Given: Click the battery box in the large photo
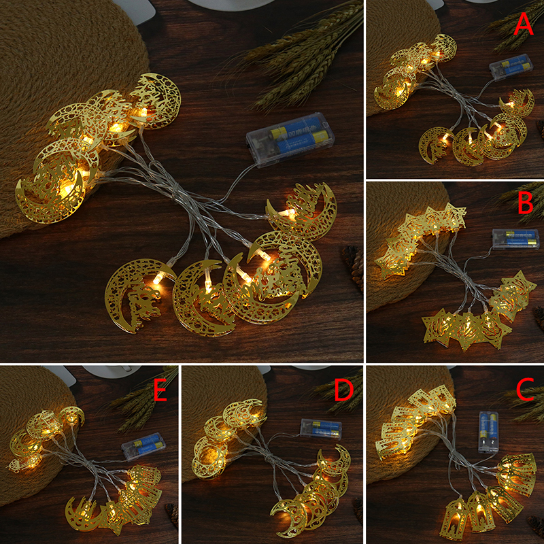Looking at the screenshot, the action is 290,139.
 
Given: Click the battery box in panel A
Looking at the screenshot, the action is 511,67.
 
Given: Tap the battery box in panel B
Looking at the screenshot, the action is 516,239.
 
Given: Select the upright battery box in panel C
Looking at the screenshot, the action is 488,432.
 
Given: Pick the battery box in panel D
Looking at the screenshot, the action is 321,429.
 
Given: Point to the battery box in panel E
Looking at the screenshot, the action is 143,447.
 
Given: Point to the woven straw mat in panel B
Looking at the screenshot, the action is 406,243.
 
